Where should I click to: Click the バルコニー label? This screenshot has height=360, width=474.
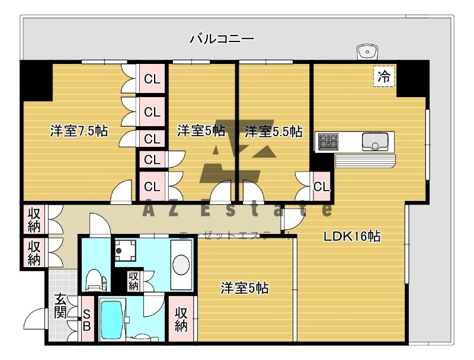pyautogui.click(x=222, y=40)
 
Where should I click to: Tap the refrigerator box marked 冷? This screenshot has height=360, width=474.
pyautogui.click(x=384, y=76)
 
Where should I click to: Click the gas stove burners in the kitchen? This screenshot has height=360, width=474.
pyautogui.click(x=327, y=142)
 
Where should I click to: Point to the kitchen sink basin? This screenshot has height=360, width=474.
pyautogui.click(x=375, y=142)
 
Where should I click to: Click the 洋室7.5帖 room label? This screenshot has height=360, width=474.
pyautogui.click(x=79, y=131)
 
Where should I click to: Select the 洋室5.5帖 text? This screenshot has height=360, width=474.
pyautogui.click(x=273, y=131)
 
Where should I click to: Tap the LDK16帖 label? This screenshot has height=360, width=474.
pyautogui.click(x=351, y=236)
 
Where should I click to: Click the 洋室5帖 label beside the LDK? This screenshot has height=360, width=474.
pyautogui.click(x=245, y=288)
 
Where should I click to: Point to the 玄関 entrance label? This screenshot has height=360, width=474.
pyautogui.click(x=60, y=306)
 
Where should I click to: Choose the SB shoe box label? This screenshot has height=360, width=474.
pyautogui.click(x=87, y=320)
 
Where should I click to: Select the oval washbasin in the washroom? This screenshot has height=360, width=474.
pyautogui.click(x=181, y=263)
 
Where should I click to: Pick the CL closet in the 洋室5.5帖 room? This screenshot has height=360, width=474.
pyautogui.click(x=321, y=187)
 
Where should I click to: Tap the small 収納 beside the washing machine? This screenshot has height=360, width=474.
pyautogui.click(x=134, y=279)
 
